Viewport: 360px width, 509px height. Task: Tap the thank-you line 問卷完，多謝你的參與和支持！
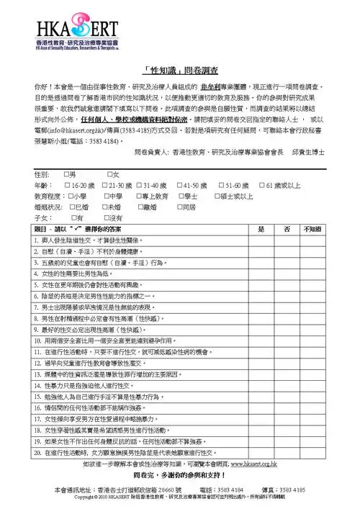(180, 456)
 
